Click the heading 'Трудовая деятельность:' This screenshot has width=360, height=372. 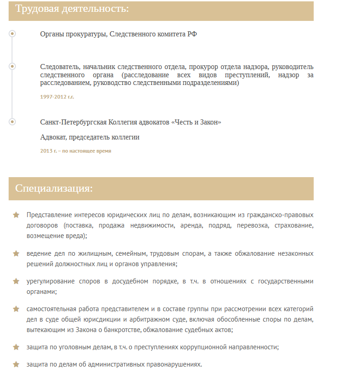[x=72, y=9]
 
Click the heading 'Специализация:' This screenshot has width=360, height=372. [x=54, y=188]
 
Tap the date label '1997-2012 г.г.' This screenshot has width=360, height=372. [x=57, y=97]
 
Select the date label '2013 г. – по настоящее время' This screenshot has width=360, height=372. [x=75, y=151]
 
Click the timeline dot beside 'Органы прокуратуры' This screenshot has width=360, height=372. [x=12, y=34]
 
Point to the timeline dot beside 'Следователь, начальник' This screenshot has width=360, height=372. [x=12, y=66]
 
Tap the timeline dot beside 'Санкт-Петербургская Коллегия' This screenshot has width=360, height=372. [x=12, y=122]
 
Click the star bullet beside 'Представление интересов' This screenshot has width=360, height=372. [x=16, y=215]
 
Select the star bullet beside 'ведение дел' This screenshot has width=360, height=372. [x=16, y=253]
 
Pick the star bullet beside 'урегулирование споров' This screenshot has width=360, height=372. [x=16, y=281]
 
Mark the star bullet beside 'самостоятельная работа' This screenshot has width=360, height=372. [x=16, y=309]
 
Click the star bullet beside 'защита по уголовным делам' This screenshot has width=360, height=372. [x=16, y=347]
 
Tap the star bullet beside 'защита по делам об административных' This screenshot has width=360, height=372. [x=16, y=364]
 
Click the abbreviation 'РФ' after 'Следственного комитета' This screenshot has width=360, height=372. [x=192, y=34]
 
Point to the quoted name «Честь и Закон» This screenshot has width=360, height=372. [x=196, y=122]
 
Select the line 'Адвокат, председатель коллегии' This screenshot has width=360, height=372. [x=89, y=137]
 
